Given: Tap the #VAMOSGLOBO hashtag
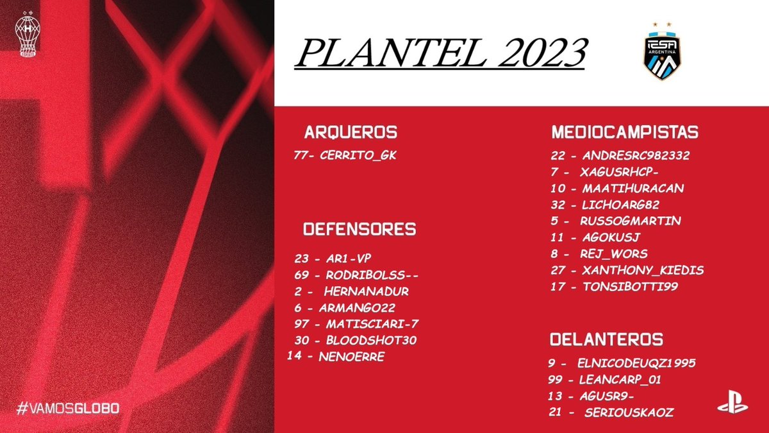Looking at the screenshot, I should click(69, 408).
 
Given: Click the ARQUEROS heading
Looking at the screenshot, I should click(351, 133).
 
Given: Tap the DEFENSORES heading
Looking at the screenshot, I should click(360, 230).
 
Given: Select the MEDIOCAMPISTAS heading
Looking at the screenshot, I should click(625, 133).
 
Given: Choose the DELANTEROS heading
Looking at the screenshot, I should click(606, 339).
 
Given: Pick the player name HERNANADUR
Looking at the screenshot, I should click(366, 291).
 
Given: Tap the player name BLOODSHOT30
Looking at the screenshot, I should click(371, 340).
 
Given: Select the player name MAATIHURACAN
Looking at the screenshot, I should click(633, 189).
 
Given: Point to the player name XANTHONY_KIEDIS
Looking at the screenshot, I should click(642, 270).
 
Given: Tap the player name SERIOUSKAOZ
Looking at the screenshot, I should click(629, 412).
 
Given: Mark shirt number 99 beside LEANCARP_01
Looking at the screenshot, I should click(557, 380).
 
